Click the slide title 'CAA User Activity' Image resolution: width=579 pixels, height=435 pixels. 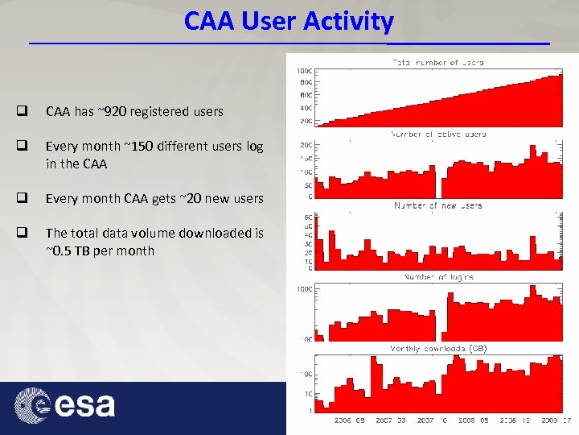289,21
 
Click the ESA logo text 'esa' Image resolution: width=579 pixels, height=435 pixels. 84,404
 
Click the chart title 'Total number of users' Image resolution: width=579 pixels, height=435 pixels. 437,62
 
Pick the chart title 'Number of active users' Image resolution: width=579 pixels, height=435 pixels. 437,134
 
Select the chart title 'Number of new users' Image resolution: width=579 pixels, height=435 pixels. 437,205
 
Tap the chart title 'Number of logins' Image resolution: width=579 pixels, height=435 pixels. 437,277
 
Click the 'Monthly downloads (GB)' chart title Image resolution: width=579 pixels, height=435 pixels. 437,349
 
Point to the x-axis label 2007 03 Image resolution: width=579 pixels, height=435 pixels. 391,420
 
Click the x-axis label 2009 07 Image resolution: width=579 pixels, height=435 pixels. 555,420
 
